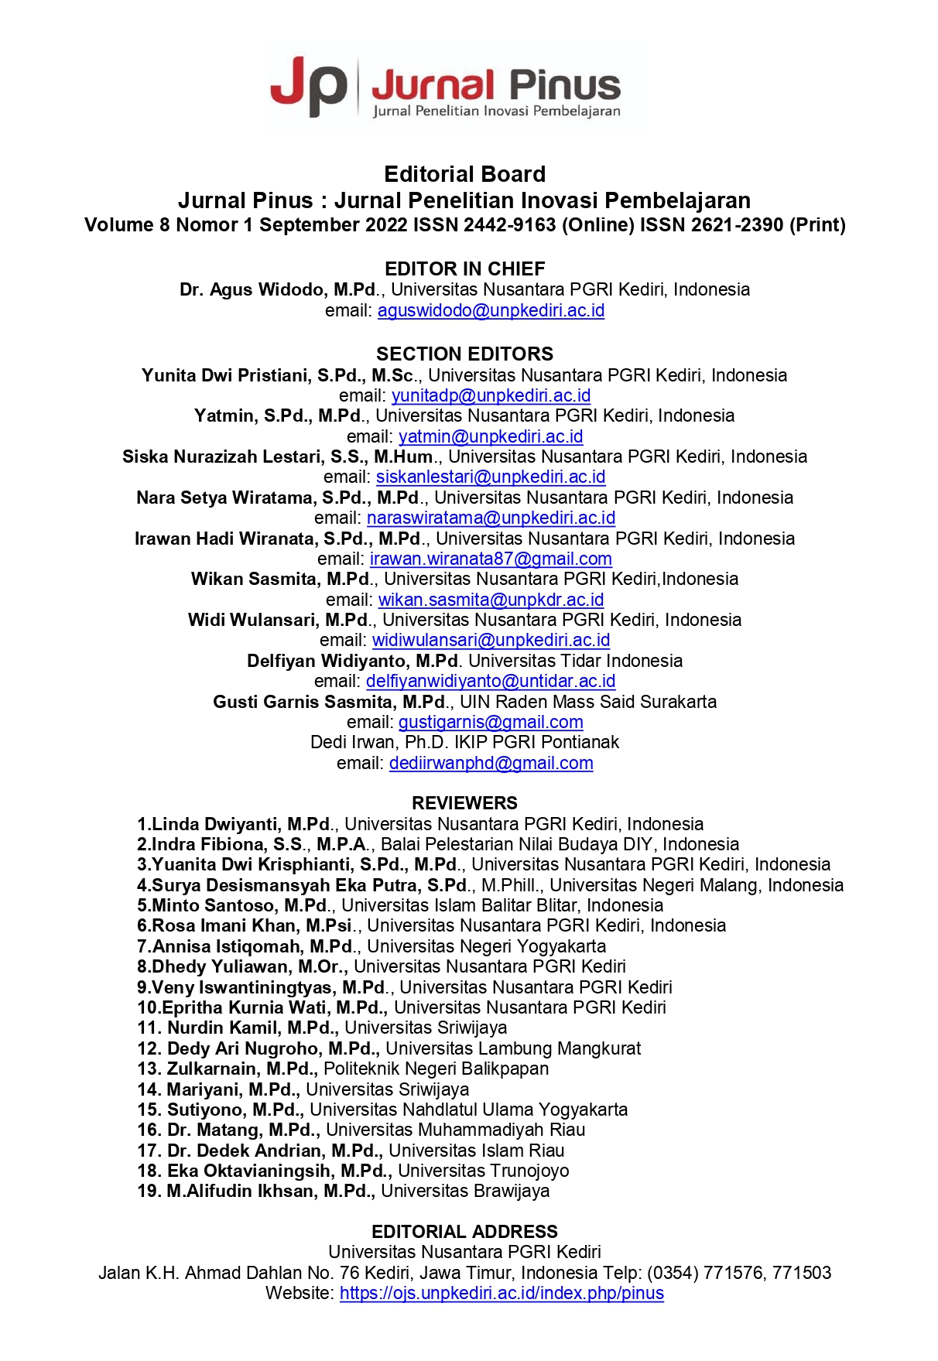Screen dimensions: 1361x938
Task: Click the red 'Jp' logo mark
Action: [x=308, y=87]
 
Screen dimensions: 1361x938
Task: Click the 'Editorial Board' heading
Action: [x=464, y=174]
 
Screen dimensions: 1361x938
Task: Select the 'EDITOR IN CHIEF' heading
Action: [x=464, y=268]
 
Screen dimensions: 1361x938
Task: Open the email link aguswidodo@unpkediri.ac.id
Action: [x=491, y=310]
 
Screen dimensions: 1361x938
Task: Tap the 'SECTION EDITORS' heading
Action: [x=464, y=354]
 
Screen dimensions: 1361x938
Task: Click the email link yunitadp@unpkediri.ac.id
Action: [x=491, y=395]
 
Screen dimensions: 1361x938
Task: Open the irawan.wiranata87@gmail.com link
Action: [x=491, y=559]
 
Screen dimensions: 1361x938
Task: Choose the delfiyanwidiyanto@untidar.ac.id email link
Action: [x=491, y=681]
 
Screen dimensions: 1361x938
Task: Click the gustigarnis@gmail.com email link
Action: [x=491, y=722]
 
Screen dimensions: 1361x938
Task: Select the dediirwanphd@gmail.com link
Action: [x=491, y=763]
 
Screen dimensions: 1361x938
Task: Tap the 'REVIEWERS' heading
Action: [x=464, y=803]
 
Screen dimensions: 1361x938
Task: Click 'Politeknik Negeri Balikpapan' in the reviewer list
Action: [x=436, y=1069]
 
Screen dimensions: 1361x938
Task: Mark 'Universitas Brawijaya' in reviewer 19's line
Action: [x=464, y=1191]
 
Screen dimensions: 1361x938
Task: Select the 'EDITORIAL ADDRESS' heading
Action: [x=464, y=1232]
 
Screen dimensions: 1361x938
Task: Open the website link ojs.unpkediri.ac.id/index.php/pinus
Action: [x=502, y=1293]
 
